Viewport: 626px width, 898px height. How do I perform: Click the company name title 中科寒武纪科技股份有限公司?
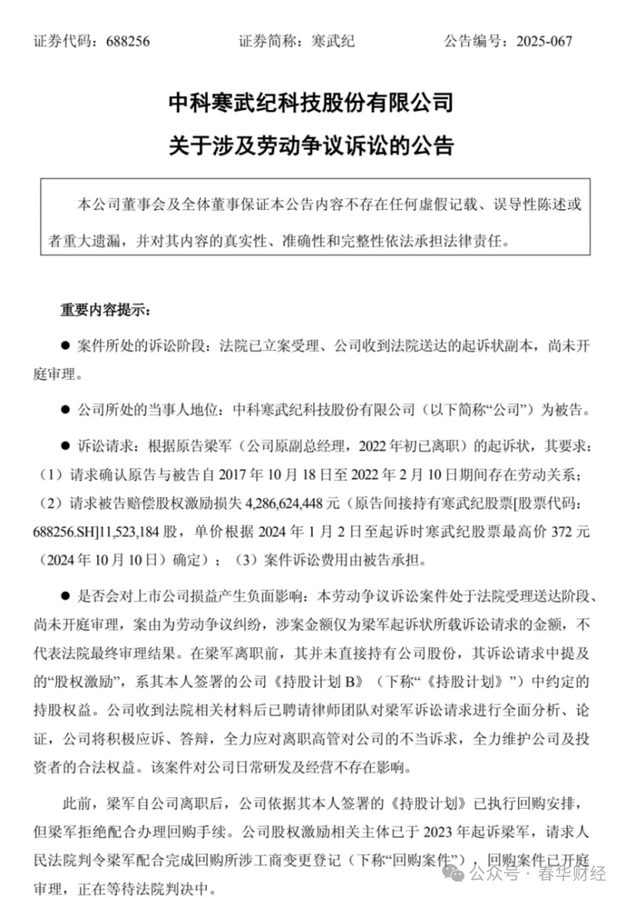click(312, 101)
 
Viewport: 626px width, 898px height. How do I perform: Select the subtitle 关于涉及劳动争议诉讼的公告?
click(312, 145)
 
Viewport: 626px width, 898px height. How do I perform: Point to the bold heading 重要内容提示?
click(105, 311)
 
